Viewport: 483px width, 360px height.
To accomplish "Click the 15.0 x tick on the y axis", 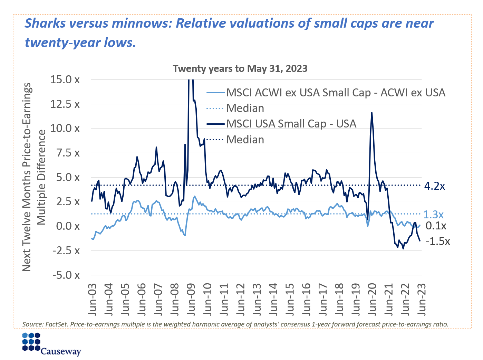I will pos(65,80).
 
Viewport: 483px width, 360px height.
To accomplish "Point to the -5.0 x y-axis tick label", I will pos(66,275).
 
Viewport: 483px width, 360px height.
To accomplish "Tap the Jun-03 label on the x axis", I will pos(92,299).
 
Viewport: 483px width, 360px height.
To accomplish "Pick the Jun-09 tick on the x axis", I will pos(191,299).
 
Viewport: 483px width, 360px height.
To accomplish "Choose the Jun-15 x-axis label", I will pos(290,299).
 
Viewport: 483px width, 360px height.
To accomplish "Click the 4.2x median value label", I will pos(434,186).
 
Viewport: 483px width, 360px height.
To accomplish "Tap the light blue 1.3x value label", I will pos(433,215).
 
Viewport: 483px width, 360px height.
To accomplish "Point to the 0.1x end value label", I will pos(436,226).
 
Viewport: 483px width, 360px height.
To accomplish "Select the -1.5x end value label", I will pos(437,241).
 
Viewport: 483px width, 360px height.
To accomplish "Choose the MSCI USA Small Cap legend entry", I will pos(291,124).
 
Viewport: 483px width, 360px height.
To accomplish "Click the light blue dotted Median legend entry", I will pos(245,108).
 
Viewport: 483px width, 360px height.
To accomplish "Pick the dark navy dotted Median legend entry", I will pos(245,140).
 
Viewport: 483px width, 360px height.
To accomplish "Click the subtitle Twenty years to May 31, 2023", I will pos(240,68).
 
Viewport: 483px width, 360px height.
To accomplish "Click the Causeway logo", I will pos(51,344).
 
